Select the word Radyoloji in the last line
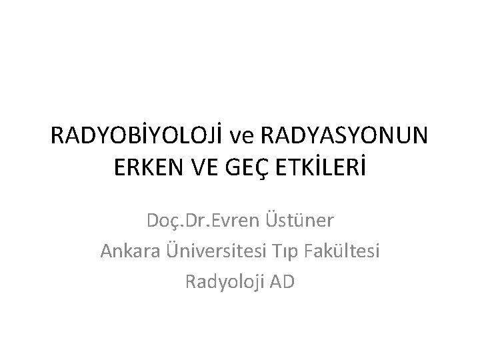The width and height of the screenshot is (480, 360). (x=225, y=282)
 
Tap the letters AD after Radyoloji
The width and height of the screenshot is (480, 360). (x=282, y=282)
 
